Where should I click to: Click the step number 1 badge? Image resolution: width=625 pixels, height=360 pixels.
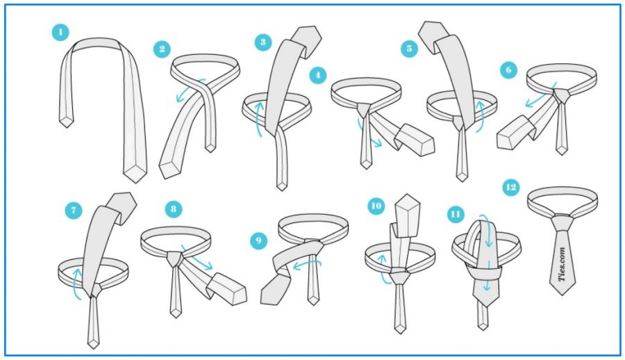[60, 32]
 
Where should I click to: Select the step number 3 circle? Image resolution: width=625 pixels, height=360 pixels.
[262, 42]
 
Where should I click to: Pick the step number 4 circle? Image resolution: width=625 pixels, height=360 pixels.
[317, 75]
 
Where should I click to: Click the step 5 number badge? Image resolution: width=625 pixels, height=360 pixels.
[409, 49]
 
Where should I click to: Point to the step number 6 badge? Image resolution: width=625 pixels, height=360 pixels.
[508, 70]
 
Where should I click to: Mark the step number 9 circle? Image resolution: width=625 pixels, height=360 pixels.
[258, 240]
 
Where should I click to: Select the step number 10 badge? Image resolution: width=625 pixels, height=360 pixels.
[376, 206]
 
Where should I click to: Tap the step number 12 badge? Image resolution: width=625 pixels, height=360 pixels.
[512, 187]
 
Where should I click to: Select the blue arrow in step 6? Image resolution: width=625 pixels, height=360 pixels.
[535, 100]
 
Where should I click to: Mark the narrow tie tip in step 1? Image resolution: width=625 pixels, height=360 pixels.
[67, 121]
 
